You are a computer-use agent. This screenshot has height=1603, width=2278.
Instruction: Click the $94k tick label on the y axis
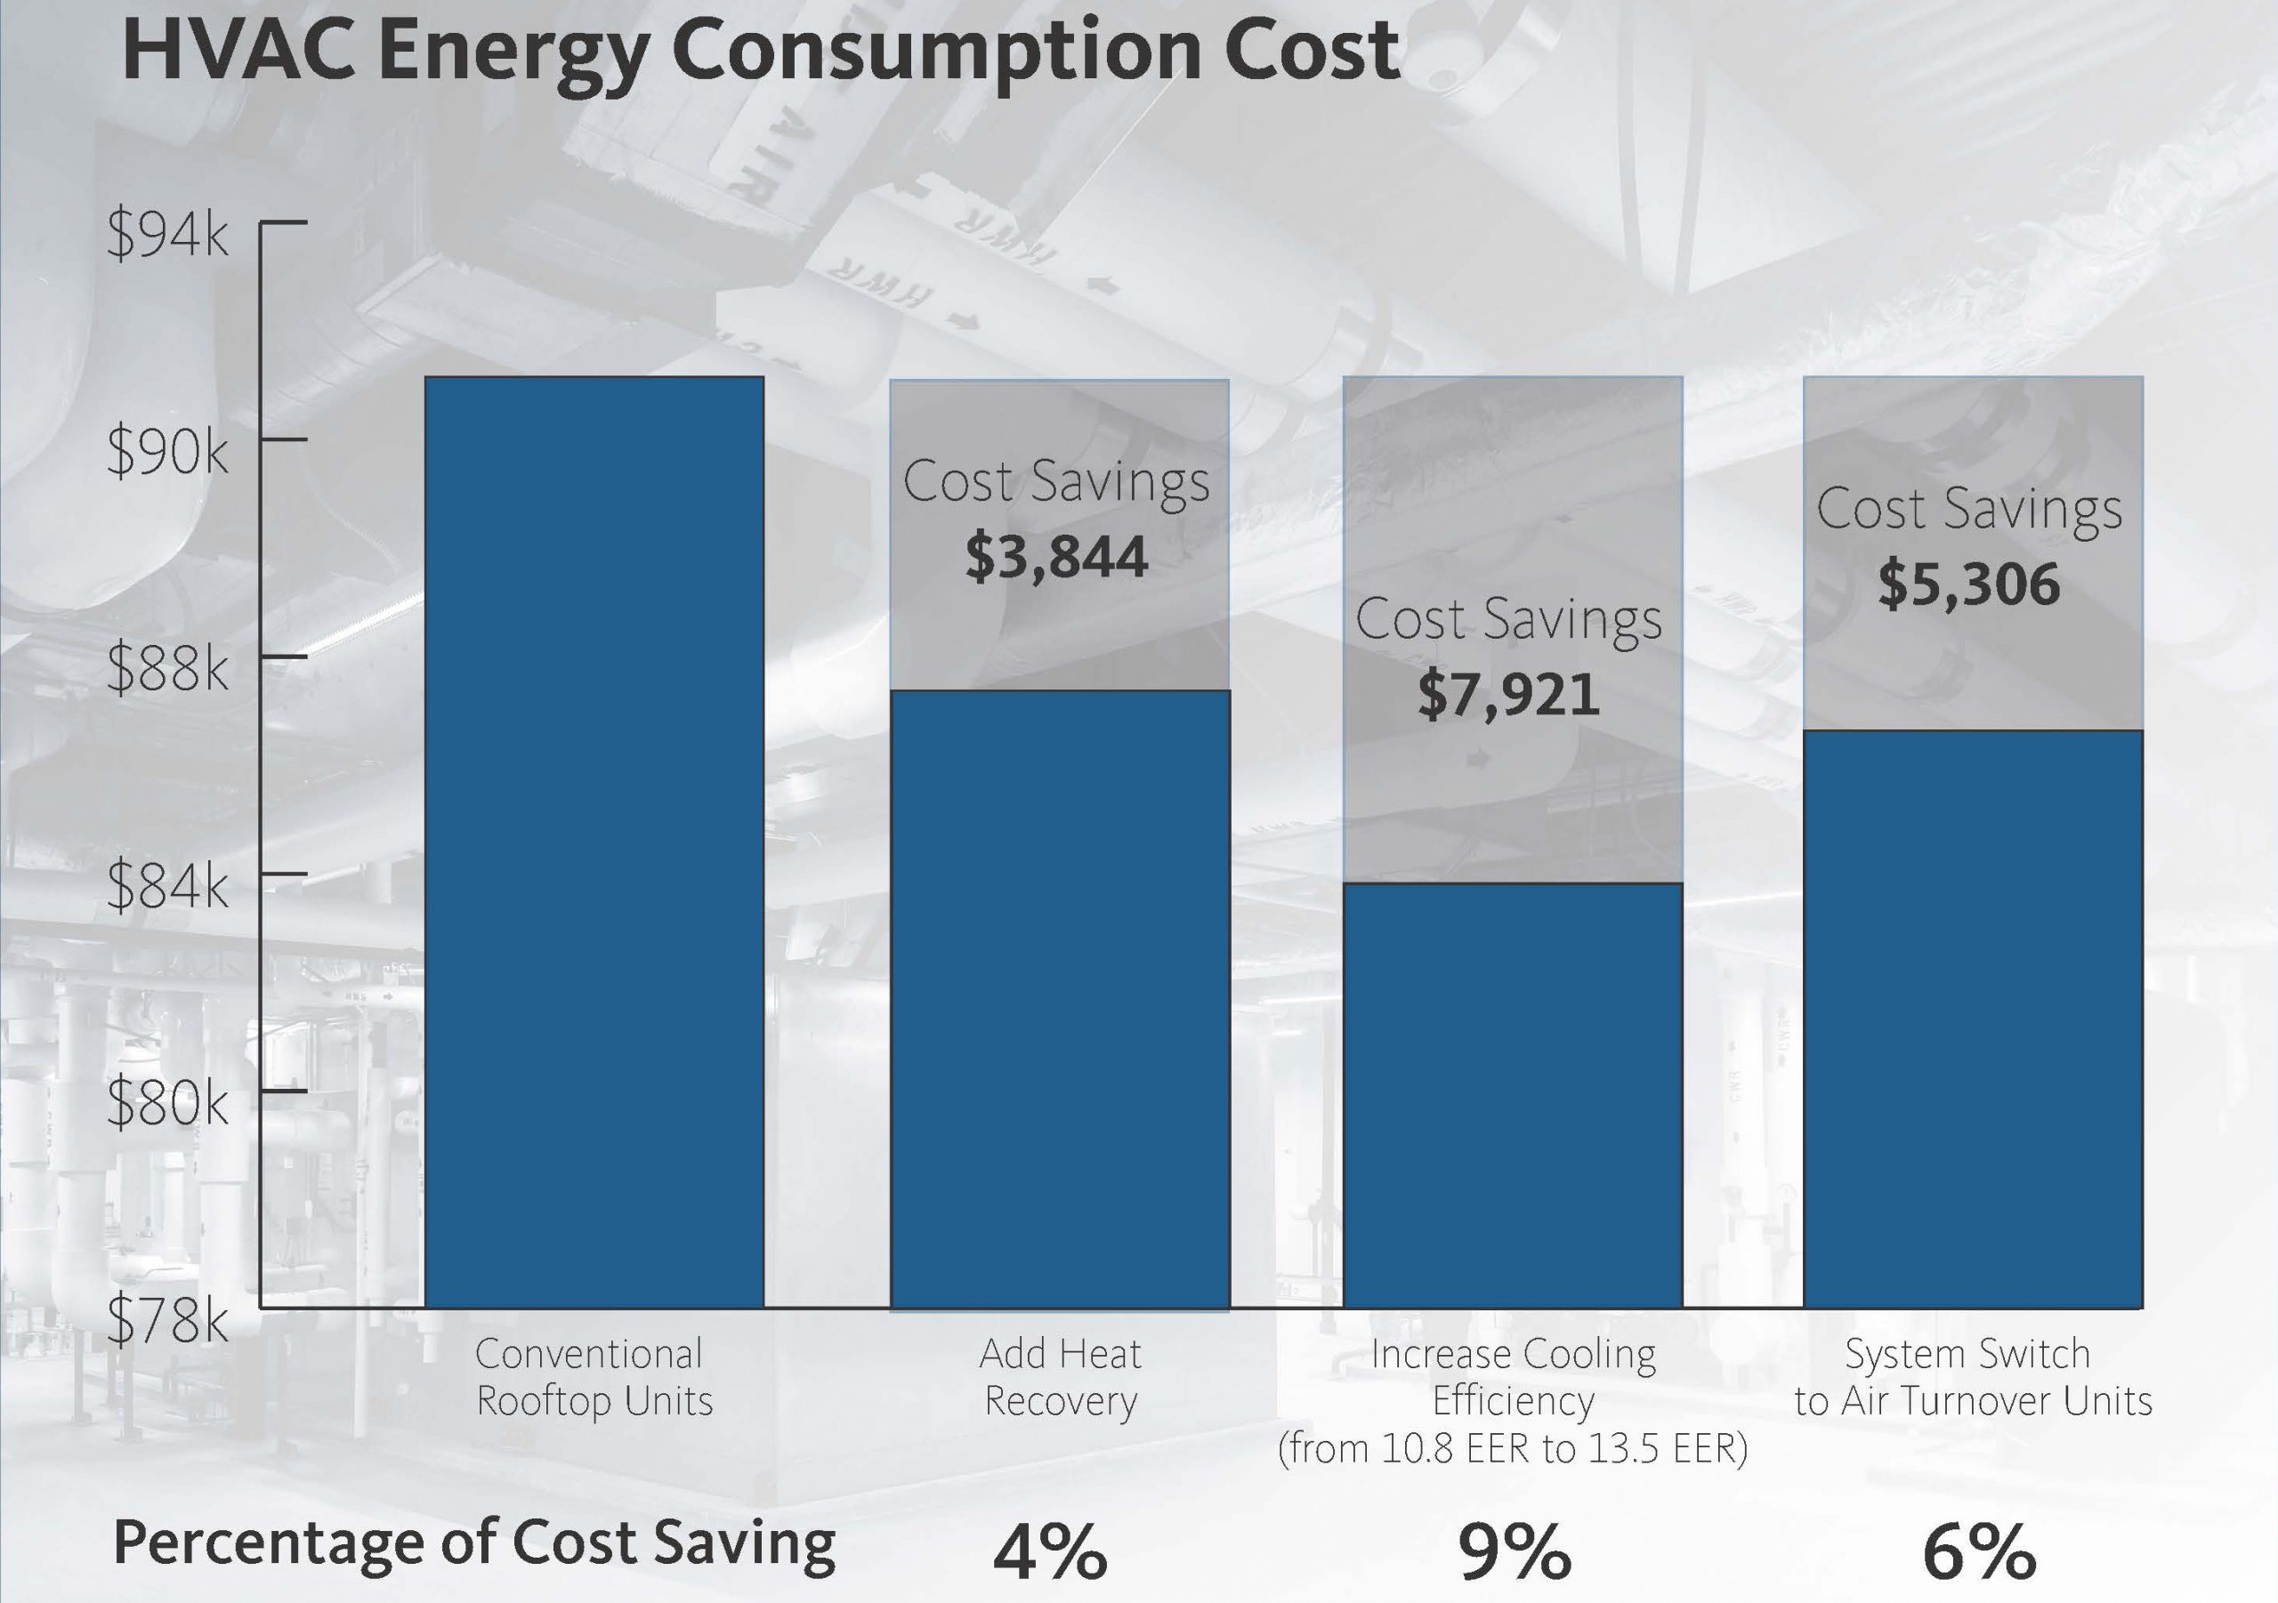(166, 234)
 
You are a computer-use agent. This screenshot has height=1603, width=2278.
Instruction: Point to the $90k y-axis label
(166, 451)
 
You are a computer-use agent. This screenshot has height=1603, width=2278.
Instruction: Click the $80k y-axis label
(166, 1102)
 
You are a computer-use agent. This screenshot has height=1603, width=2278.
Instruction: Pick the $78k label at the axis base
(166, 1319)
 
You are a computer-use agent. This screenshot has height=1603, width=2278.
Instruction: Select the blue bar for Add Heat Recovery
(1060, 998)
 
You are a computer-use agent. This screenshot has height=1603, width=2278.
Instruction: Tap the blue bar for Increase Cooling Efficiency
(1512, 1095)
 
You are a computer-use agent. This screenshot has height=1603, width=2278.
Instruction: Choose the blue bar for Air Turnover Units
(1973, 1018)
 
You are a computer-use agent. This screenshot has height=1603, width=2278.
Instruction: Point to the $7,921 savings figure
(1508, 695)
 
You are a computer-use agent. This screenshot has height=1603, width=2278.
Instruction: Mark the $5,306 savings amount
(1968, 584)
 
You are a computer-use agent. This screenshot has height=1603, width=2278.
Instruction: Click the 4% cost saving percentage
(1050, 1551)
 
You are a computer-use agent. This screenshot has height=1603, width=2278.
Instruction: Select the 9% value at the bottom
(1514, 1551)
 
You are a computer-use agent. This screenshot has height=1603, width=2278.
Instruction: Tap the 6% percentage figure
(1978, 1551)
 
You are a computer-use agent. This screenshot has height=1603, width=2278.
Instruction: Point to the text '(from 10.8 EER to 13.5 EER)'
(1512, 1448)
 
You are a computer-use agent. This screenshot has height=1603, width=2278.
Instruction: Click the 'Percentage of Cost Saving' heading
(474, 1543)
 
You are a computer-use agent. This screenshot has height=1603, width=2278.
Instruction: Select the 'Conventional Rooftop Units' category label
(594, 1377)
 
